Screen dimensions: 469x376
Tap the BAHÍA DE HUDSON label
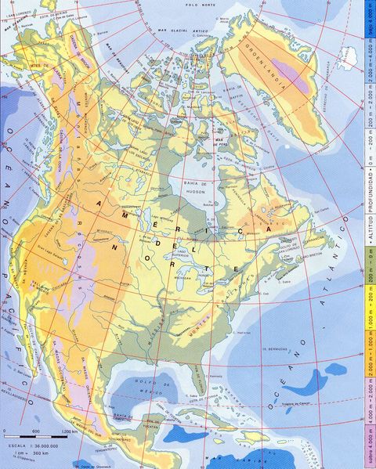click(201, 186)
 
